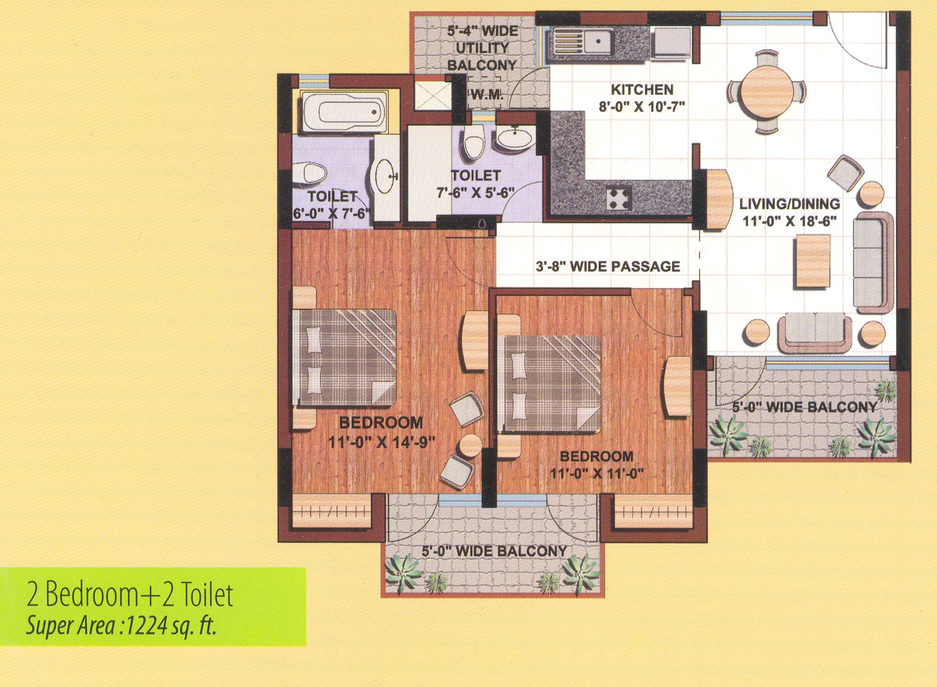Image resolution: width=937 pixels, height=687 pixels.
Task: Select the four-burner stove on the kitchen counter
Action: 619,198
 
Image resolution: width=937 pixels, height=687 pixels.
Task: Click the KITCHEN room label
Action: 642,89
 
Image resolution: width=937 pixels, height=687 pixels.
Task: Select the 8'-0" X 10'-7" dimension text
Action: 642,107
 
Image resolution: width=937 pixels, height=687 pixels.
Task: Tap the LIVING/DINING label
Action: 789,203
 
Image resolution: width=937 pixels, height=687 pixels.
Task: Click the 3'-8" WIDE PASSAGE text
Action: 608,266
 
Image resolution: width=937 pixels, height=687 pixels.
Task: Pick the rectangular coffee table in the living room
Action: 813,261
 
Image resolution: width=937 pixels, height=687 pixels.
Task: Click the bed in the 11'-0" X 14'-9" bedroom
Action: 344,358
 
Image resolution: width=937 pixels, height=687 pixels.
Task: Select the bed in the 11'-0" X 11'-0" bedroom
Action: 550,384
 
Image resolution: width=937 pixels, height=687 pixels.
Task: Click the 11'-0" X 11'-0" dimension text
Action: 596,474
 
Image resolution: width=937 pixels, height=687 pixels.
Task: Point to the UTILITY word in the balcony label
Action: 482,48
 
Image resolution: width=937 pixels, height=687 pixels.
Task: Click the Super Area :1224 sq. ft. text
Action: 121,626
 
